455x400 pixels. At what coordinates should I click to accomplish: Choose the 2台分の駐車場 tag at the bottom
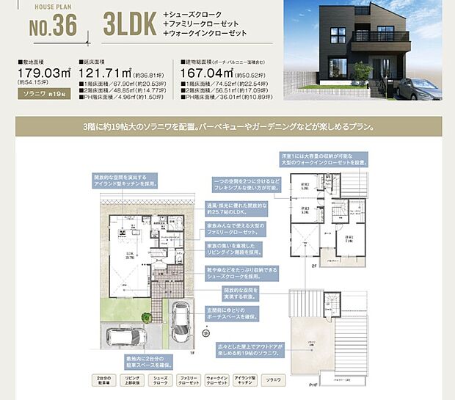103,381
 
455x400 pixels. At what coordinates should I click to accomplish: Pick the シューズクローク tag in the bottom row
160,381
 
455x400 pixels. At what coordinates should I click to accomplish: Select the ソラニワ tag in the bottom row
273,381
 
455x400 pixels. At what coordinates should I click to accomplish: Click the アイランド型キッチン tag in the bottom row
245,381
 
